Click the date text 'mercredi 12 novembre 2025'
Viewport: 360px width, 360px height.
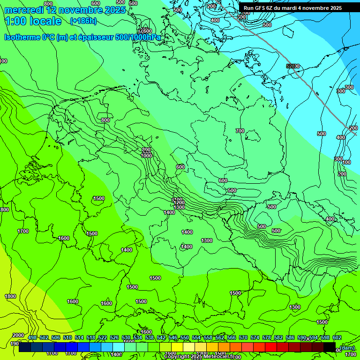tap(65, 10)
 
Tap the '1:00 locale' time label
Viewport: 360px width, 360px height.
tap(33, 21)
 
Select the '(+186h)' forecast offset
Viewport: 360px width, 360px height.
tap(83, 21)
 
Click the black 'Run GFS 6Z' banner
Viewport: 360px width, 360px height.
tap(299, 8)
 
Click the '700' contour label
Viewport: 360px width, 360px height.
tap(240, 131)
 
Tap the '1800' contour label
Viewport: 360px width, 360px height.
tap(10, 296)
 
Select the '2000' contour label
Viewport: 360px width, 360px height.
tap(18, 335)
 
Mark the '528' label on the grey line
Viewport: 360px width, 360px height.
tap(292, 66)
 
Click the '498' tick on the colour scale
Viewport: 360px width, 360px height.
tap(32, 338)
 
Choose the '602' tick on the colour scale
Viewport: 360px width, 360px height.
tap(337, 338)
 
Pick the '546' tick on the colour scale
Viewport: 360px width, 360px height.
tap(173, 338)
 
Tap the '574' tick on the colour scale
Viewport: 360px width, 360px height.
tap(255, 338)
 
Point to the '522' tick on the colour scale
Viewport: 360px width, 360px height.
tap(103, 338)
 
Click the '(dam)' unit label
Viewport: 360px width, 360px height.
tap(347, 347)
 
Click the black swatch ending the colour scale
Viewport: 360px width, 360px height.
tap(330, 347)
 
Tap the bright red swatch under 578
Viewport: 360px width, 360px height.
tap(271, 347)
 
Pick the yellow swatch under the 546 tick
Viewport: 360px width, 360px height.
tap(177, 347)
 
